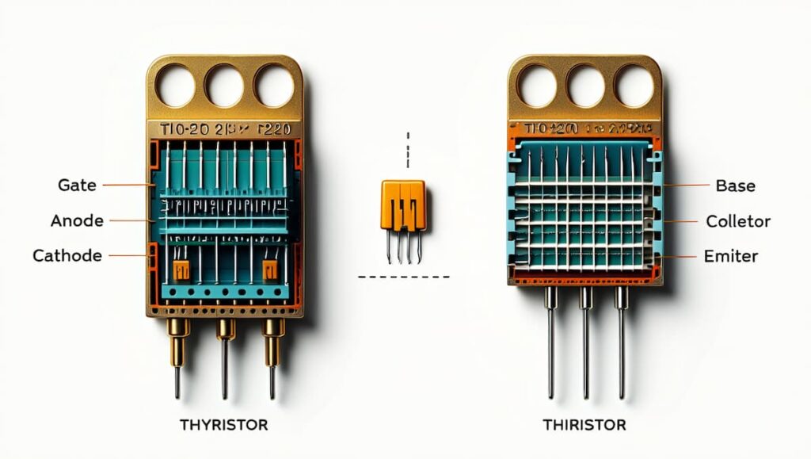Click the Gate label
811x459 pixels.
78,185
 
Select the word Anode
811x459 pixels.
77,220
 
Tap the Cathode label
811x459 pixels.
67,255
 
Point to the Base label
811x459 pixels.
735,186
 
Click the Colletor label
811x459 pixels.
738,221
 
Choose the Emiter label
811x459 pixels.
731,256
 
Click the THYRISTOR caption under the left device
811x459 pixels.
223,425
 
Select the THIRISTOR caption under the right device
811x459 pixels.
584,425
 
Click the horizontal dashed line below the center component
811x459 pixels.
403,277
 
